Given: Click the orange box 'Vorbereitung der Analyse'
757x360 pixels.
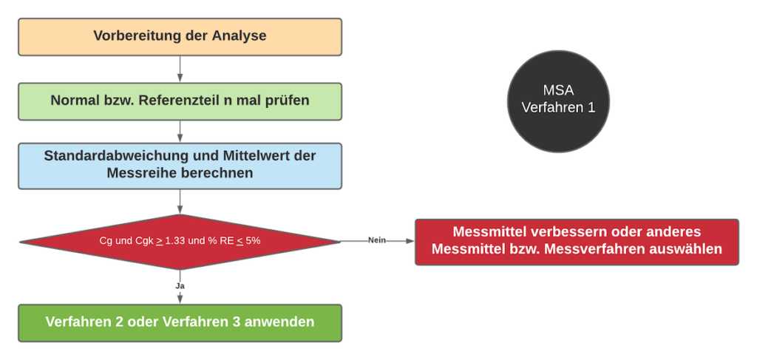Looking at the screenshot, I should tap(180, 36).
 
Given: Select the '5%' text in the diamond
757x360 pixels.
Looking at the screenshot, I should tap(251, 241).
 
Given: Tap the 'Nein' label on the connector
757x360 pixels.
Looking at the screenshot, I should tap(376, 241).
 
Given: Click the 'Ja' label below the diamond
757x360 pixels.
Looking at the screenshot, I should tap(179, 285).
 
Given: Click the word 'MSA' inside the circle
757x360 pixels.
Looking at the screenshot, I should tap(558, 90).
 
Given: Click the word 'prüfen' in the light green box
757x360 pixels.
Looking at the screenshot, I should tap(287, 101).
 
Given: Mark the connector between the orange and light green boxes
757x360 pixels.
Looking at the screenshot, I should tap(180, 69).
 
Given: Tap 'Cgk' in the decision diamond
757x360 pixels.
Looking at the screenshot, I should tap(143, 241).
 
